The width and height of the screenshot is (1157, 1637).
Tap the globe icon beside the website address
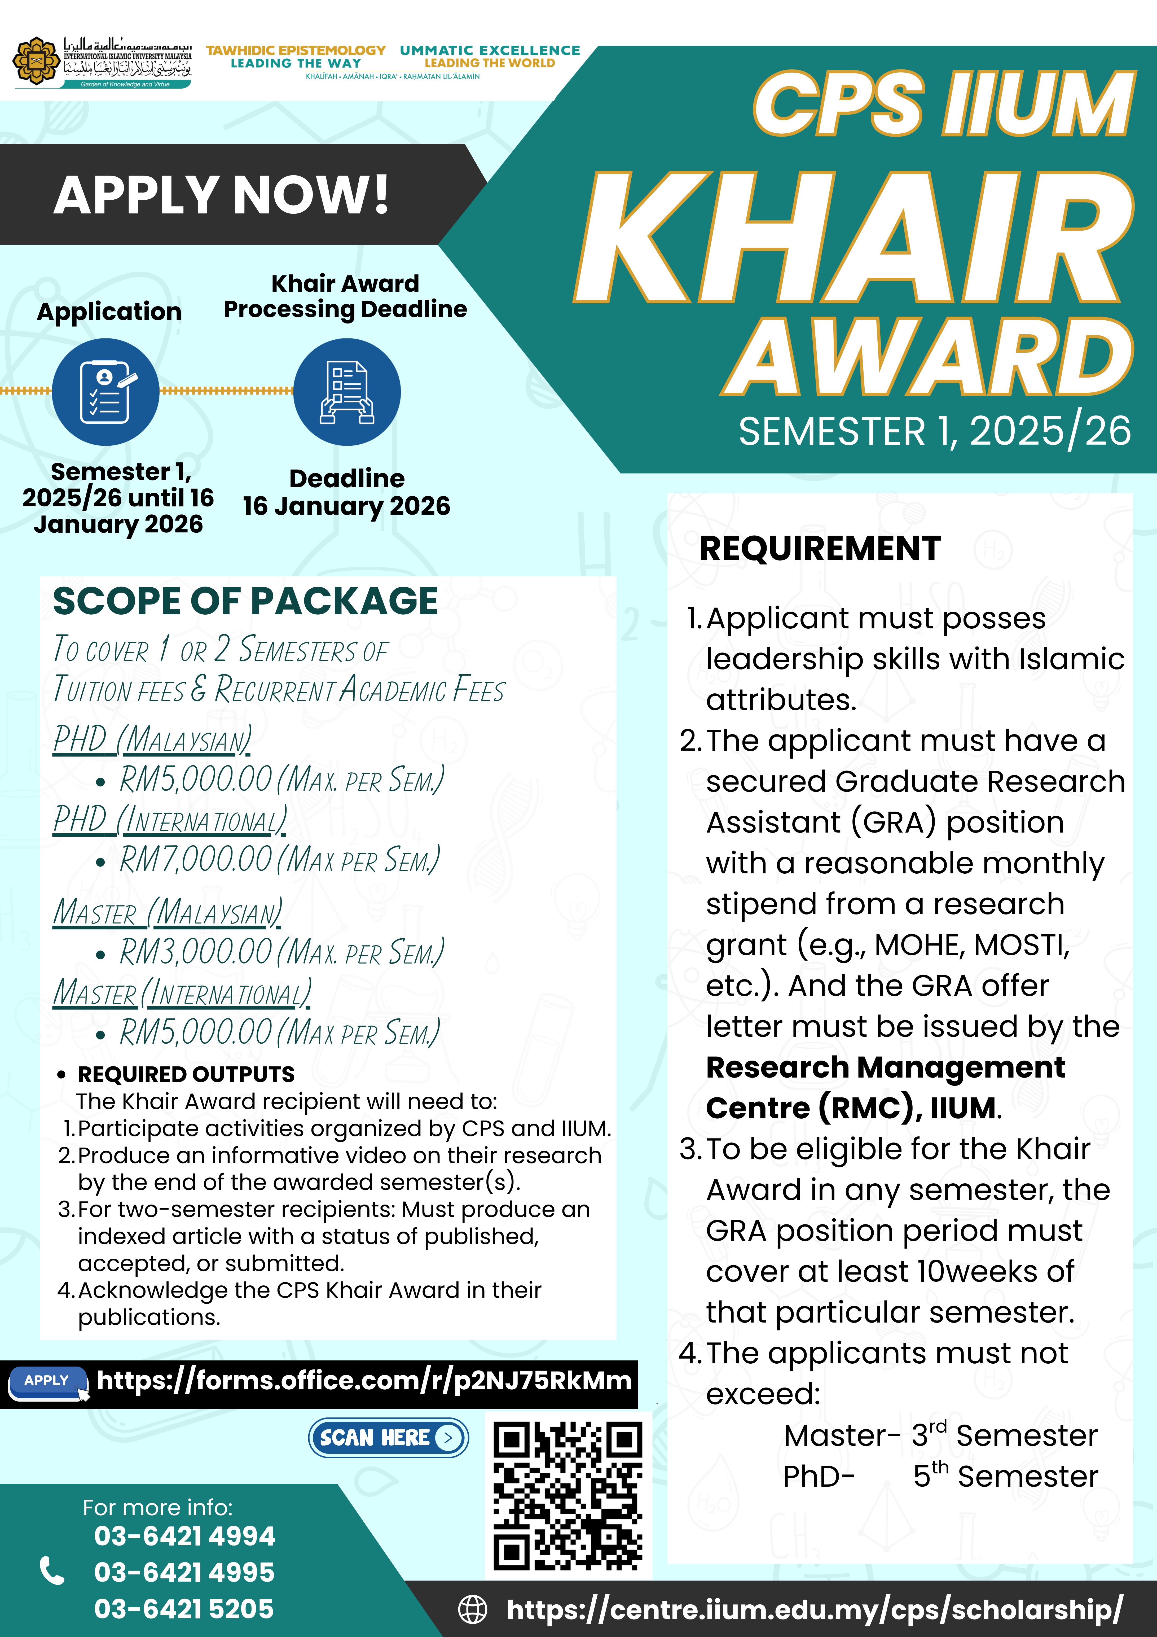pos(472,1609)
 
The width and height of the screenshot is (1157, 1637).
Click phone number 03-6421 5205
pos(184,1608)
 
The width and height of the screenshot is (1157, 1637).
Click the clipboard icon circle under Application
pos(105,392)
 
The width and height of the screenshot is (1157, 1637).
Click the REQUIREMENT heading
pos(820,549)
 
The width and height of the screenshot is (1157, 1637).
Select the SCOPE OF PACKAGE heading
pos(245,601)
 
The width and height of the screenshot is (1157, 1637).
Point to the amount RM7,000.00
pos(196,859)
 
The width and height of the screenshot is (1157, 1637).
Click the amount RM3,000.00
pos(196,952)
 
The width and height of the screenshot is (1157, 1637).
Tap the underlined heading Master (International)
pos(182,993)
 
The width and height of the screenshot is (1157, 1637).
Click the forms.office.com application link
pos(364,1381)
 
